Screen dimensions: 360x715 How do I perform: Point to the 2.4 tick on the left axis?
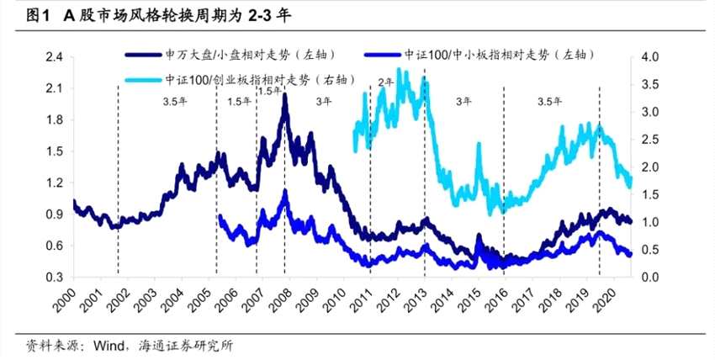point(55,57)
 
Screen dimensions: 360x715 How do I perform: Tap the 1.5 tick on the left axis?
point(55,151)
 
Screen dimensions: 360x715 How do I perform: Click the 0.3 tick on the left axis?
point(55,277)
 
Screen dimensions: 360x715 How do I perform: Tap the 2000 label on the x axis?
point(76,299)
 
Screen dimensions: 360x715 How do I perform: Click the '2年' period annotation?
point(386,82)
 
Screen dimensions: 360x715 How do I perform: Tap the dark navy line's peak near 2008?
point(285,97)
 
